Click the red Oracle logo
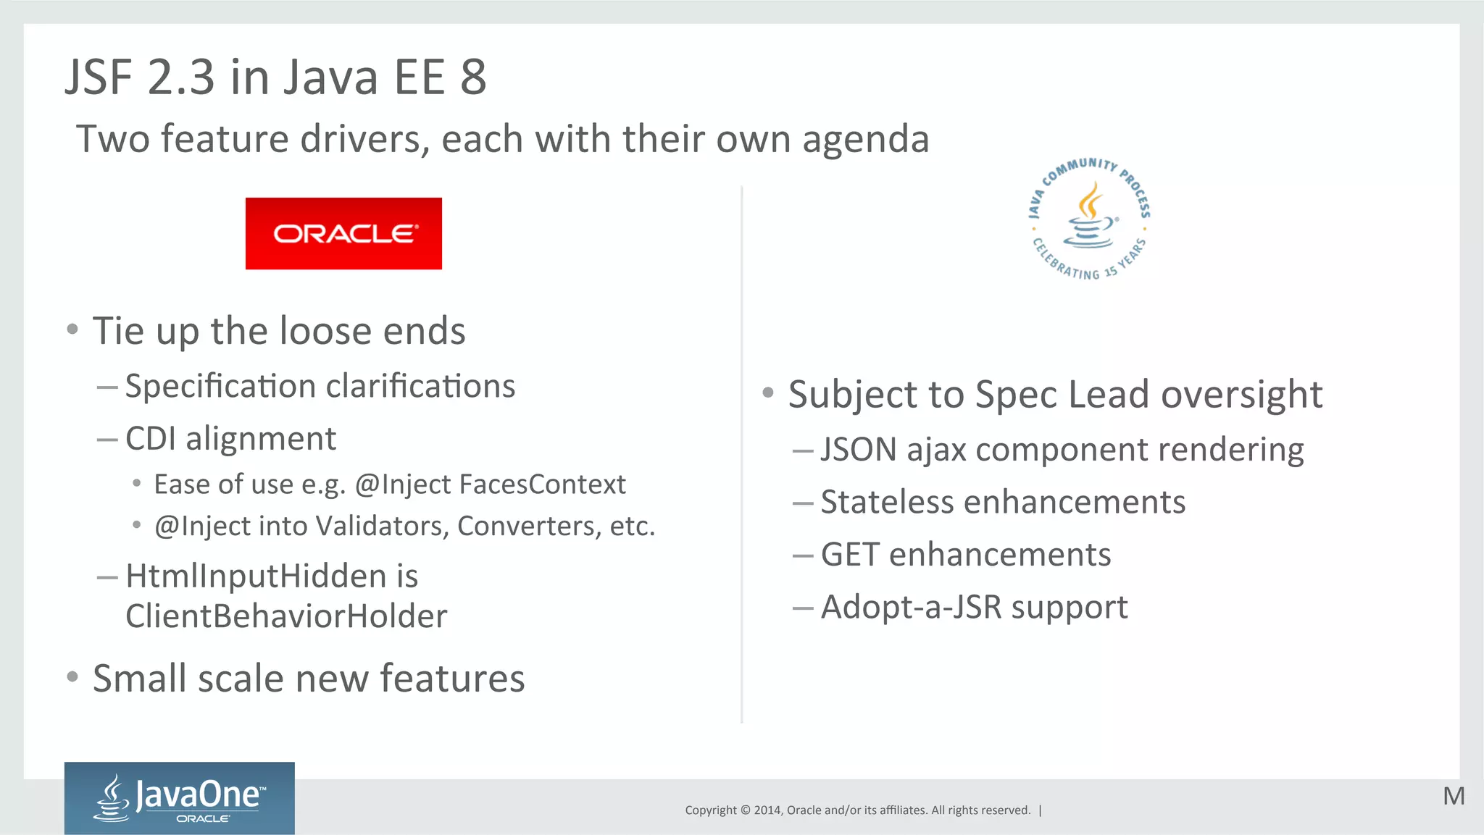coord(343,233)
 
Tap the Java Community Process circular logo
coord(1090,219)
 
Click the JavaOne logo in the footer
coord(180,798)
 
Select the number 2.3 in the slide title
coord(181,77)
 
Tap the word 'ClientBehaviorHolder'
coord(286,616)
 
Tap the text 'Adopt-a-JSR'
coord(911,608)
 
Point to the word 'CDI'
coord(151,439)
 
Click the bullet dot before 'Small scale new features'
coord(72,677)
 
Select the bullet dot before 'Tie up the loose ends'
coord(72,330)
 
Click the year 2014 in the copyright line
coord(767,810)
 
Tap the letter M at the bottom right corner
coord(1453,796)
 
